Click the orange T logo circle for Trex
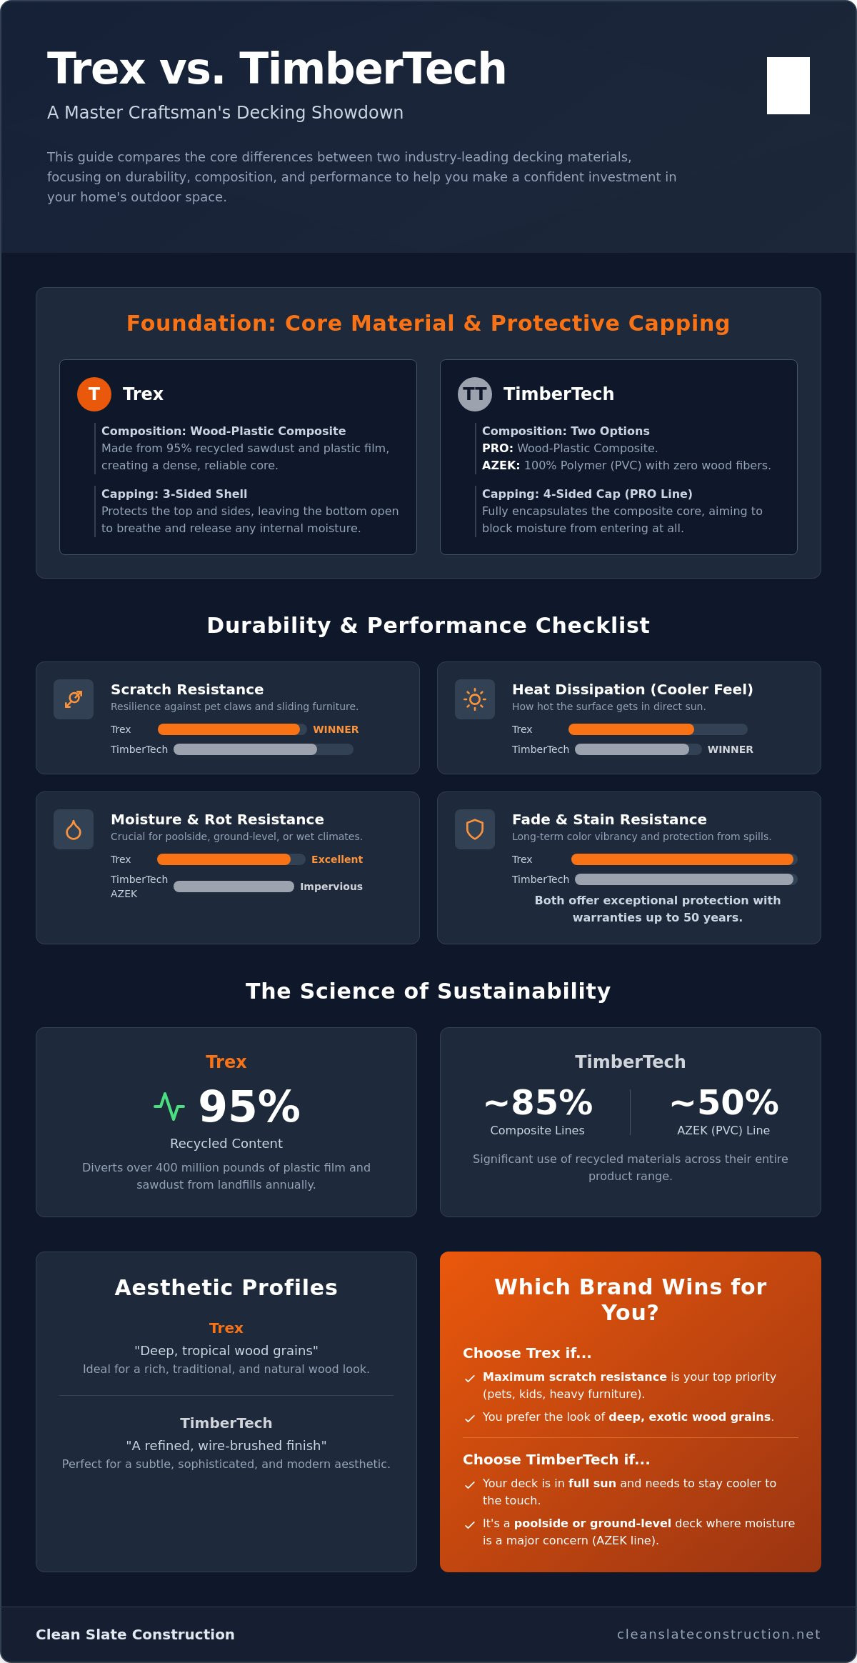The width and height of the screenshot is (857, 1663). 94,394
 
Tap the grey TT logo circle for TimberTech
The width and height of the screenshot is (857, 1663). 475,394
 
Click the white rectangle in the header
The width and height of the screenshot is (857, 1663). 788,86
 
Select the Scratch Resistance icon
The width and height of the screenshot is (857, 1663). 74,699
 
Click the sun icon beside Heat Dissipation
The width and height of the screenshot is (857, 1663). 475,699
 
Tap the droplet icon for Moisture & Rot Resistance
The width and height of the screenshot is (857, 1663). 74,829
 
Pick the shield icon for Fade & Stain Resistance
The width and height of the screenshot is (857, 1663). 475,829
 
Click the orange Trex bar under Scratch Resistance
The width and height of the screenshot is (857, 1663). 229,729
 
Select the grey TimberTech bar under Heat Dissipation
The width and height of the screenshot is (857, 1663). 632,749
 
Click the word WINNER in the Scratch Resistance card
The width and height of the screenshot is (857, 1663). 336,729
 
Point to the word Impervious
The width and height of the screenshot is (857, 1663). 331,887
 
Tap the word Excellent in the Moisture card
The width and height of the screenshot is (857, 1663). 337,859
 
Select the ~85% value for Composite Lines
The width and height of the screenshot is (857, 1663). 538,1102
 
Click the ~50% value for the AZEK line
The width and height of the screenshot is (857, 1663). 723,1102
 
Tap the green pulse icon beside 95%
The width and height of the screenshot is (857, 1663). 169,1107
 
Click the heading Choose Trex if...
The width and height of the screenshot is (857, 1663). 527,1353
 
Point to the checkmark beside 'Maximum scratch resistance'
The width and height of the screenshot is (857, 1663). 470,1378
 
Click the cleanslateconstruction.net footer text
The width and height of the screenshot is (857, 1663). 718,1634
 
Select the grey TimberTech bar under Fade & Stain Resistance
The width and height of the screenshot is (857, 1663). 684,879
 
